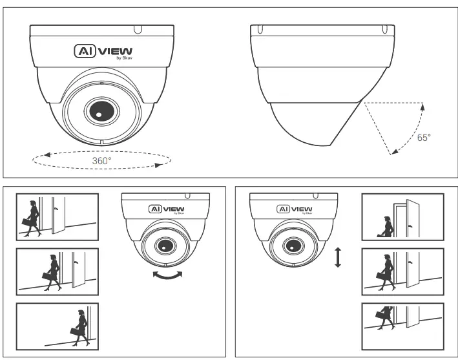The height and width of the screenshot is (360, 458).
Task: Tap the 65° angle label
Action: tap(424, 138)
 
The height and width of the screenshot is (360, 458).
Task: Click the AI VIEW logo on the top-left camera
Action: tap(103, 51)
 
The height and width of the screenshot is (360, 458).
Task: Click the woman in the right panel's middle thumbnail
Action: tap(386, 272)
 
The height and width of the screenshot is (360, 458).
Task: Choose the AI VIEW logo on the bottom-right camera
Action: tap(294, 209)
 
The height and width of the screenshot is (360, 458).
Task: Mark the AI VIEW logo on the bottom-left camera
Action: tap(166, 209)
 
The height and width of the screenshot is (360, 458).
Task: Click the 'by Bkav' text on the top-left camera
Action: tap(123, 58)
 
